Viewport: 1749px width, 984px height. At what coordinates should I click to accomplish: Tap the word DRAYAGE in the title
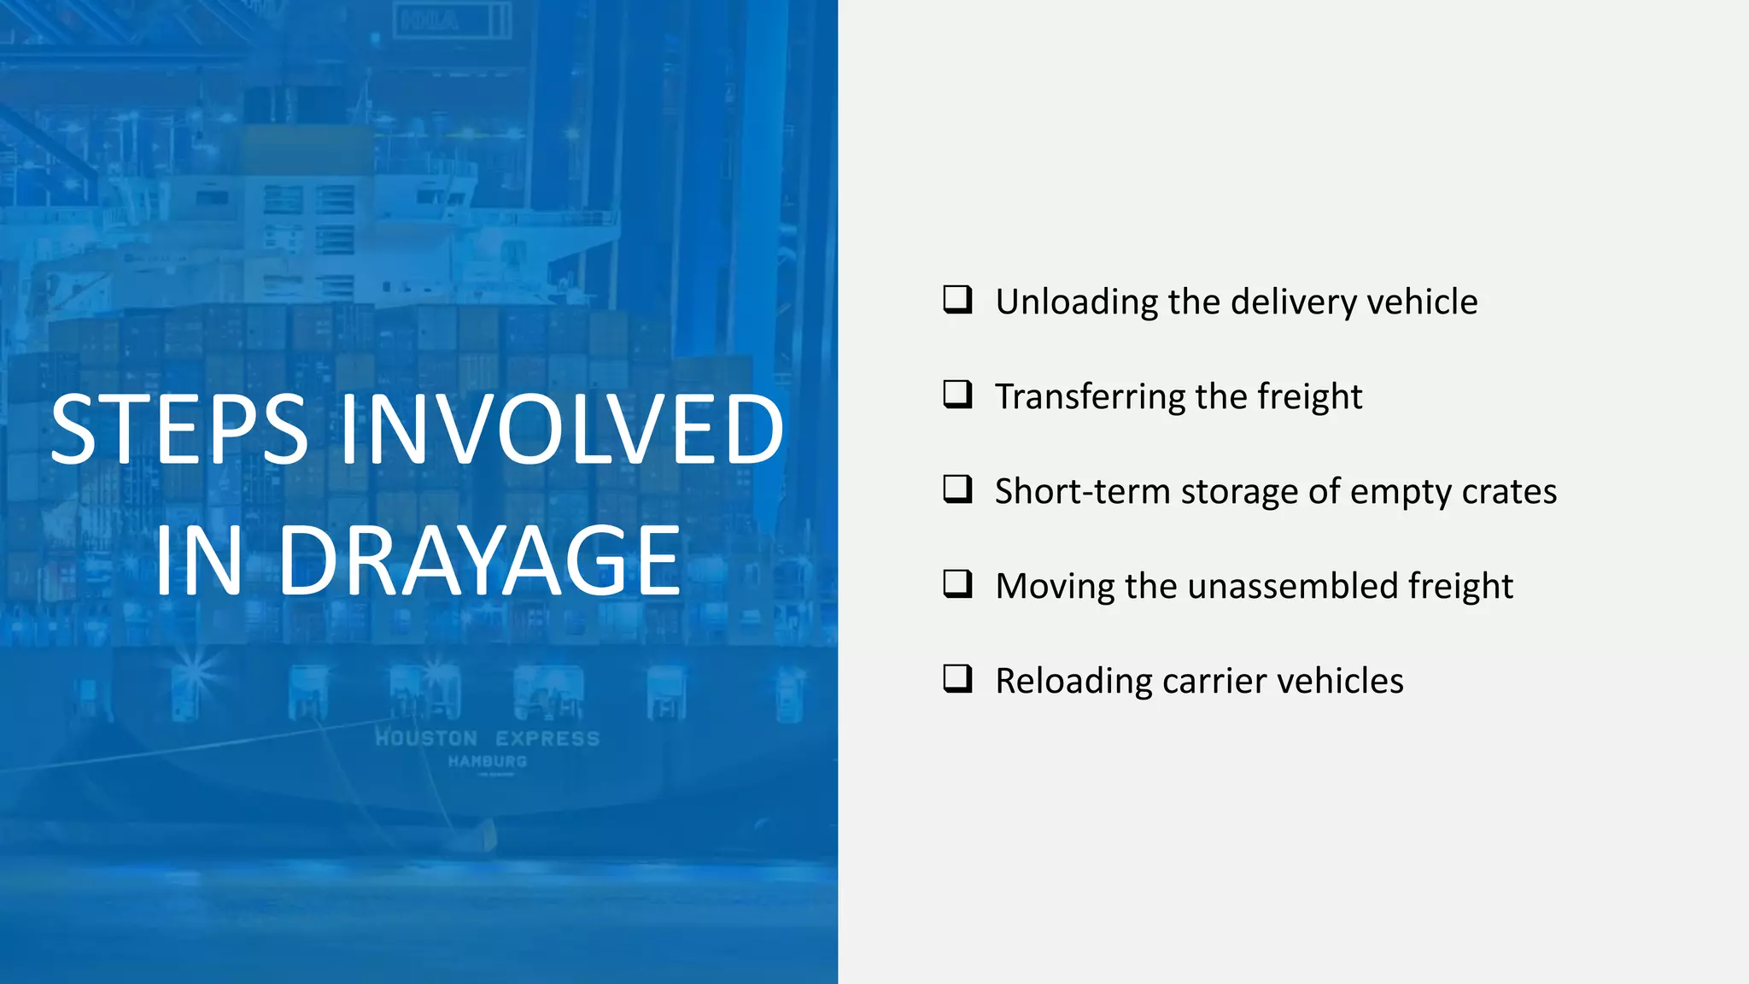pyautogui.click(x=478, y=561)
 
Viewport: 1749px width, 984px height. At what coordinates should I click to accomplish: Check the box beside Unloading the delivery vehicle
pyautogui.click(x=957, y=300)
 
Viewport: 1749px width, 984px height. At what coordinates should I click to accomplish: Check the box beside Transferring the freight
pyautogui.click(x=957, y=395)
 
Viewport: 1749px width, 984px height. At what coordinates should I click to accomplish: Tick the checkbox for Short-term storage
pyautogui.click(x=957, y=489)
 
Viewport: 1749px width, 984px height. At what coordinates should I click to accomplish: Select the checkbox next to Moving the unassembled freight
pyautogui.click(x=957, y=584)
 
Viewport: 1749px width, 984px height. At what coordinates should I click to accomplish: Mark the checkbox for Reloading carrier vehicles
pyautogui.click(x=957, y=679)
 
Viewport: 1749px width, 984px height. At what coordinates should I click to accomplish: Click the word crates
pyautogui.click(x=1509, y=492)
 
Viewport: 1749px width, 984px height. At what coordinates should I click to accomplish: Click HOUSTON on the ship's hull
pyautogui.click(x=426, y=739)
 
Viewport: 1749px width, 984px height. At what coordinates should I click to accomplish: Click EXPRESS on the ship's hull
pyautogui.click(x=547, y=739)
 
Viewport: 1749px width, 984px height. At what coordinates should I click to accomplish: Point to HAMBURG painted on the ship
pyautogui.click(x=488, y=761)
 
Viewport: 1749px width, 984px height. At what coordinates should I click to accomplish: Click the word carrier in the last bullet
pyautogui.click(x=1214, y=682)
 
